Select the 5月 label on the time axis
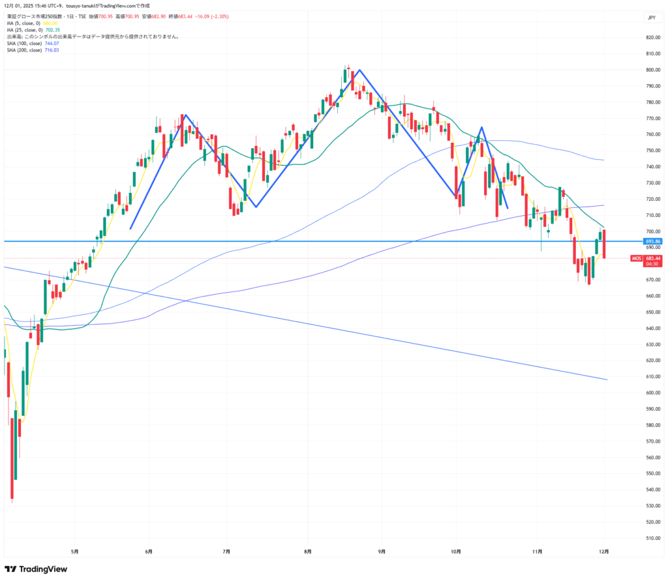[75, 551]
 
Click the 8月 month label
[307, 551]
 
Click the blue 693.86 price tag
[654, 241]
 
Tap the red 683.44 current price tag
[654, 258]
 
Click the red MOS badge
[636, 259]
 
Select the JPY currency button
[651, 18]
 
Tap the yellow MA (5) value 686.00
[51, 23]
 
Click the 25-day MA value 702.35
[52, 30]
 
